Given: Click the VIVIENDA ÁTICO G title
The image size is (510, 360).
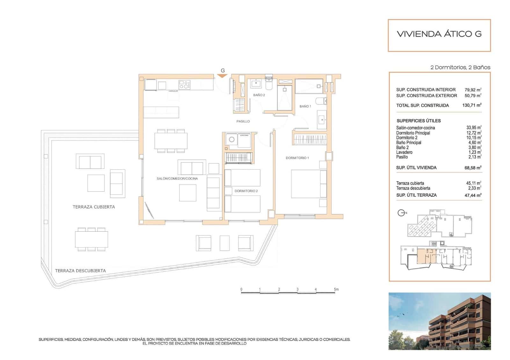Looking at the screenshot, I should [439, 34].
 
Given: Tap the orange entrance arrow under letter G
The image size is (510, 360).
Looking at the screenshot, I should [222, 76].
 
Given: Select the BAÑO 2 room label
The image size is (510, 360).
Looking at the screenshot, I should [259, 95].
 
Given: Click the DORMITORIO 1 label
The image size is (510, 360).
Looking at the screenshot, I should [297, 158].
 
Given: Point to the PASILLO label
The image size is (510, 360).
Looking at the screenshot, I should [243, 121].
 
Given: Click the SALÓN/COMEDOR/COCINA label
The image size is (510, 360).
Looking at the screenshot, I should [177, 179].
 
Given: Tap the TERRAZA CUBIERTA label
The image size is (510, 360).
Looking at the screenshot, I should [94, 207].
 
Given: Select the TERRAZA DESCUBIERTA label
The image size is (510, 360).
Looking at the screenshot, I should [80, 271].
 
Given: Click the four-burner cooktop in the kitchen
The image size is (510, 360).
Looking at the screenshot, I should [185, 85].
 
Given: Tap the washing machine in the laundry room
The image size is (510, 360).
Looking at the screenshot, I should [232, 140].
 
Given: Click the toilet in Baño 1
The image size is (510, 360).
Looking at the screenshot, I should [321, 101].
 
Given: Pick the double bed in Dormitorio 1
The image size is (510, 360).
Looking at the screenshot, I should [308, 184].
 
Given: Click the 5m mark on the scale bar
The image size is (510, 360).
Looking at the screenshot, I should [336, 290].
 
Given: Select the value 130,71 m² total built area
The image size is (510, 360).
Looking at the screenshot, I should [472, 105].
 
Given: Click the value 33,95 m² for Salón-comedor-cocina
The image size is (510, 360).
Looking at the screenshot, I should [474, 128].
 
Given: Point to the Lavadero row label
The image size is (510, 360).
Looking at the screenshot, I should [404, 152].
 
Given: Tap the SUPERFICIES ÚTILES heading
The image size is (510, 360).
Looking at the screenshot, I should [419, 121].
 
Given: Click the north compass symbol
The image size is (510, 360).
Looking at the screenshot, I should [402, 213].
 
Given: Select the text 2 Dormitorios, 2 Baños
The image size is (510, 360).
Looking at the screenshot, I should [460, 68].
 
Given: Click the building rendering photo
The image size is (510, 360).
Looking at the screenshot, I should [439, 321].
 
